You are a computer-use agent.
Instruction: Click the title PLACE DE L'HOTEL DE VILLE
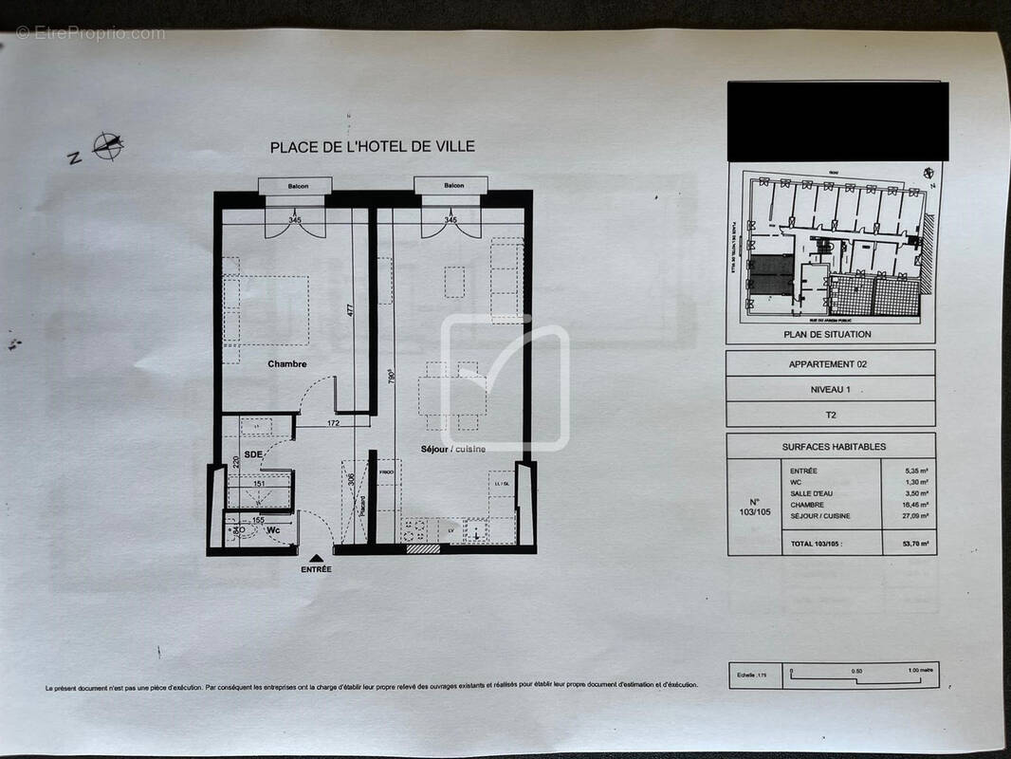pyautogui.click(x=372, y=147)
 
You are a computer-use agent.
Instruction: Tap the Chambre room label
pyautogui.click(x=286, y=364)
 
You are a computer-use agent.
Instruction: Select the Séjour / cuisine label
pyautogui.click(x=453, y=449)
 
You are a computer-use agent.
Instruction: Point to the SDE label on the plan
pyautogui.click(x=253, y=454)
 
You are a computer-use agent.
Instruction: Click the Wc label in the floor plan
pyautogui.click(x=273, y=529)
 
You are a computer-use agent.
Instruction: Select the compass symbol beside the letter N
pyautogui.click(x=108, y=145)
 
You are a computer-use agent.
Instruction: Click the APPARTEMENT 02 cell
pyautogui.click(x=828, y=363)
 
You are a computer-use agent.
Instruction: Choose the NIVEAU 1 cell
pyautogui.click(x=829, y=389)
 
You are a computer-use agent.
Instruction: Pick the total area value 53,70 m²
pyautogui.click(x=908, y=544)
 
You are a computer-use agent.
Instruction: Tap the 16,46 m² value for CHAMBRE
pyautogui.click(x=908, y=505)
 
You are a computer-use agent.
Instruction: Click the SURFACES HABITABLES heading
pyautogui.click(x=834, y=446)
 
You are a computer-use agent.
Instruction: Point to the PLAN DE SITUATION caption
pyautogui.click(x=827, y=334)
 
